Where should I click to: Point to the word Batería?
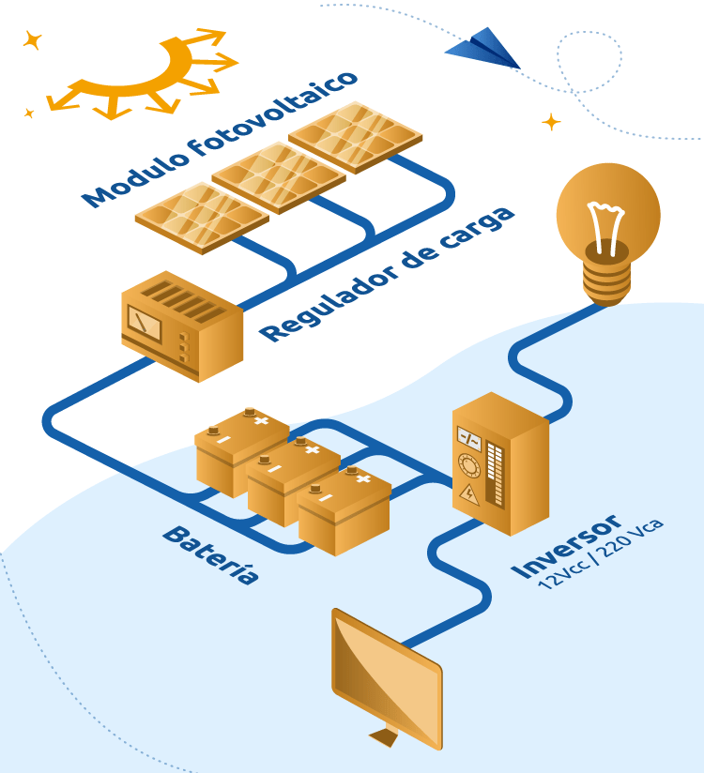coord(210,554)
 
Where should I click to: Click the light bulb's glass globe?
coord(607,211)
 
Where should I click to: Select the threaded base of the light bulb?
coord(606,278)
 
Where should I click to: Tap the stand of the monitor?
coord(384,736)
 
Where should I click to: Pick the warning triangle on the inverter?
coord(467,495)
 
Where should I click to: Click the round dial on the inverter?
coord(467,465)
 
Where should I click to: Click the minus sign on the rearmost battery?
coord(223,438)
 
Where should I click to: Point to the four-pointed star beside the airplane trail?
coord(551,122)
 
